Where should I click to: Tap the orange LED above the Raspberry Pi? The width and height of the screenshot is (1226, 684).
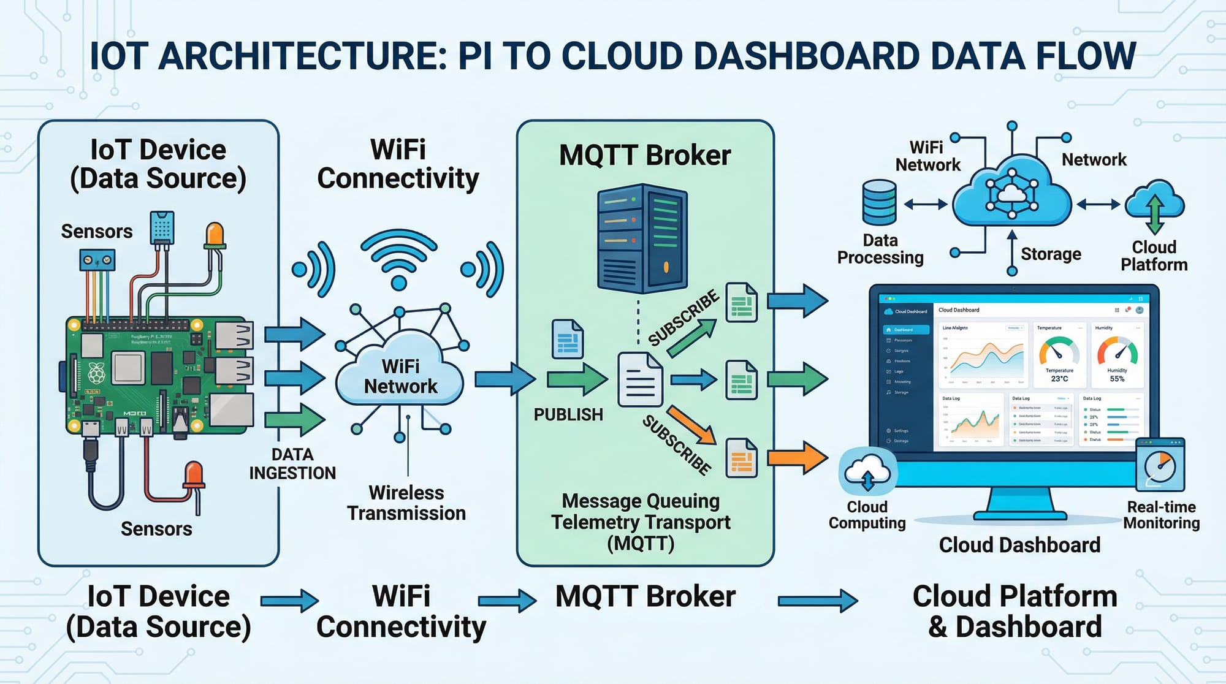pos(215,236)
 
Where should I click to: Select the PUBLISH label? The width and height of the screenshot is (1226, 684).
pos(568,415)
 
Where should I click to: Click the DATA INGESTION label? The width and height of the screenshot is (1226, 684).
pos(292,464)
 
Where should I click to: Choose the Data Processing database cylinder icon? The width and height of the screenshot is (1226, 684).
pos(879,202)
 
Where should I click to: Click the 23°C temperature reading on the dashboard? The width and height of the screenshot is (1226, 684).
pos(1059,379)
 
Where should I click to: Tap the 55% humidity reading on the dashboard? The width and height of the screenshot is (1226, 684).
pos(1117,379)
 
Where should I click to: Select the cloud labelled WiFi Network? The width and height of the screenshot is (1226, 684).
pos(400,375)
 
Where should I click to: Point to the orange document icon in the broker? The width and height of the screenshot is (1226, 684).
pos(741,458)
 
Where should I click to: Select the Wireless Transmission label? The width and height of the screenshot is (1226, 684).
pos(406,503)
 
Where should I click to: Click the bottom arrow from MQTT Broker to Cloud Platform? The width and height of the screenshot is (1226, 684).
pos(817,601)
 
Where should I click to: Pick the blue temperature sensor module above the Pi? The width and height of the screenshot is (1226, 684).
pos(162,227)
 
